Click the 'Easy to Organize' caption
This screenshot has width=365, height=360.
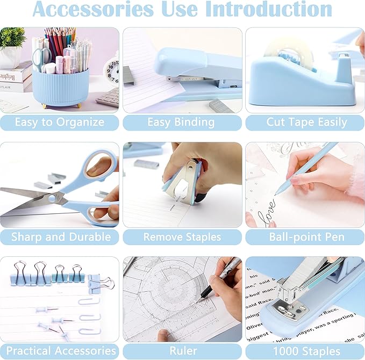[x=59, y=122]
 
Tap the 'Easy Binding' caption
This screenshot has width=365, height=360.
[x=182, y=122]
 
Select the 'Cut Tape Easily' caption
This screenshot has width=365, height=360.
[x=306, y=122]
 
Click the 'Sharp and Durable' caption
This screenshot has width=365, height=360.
[x=59, y=237]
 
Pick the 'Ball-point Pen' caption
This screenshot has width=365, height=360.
[x=305, y=237]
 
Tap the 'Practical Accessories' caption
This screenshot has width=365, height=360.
[x=60, y=351]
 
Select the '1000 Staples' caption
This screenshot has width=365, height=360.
[x=305, y=351]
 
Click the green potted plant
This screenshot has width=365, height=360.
[x=12, y=39]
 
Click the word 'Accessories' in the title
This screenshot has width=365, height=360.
[x=92, y=9]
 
